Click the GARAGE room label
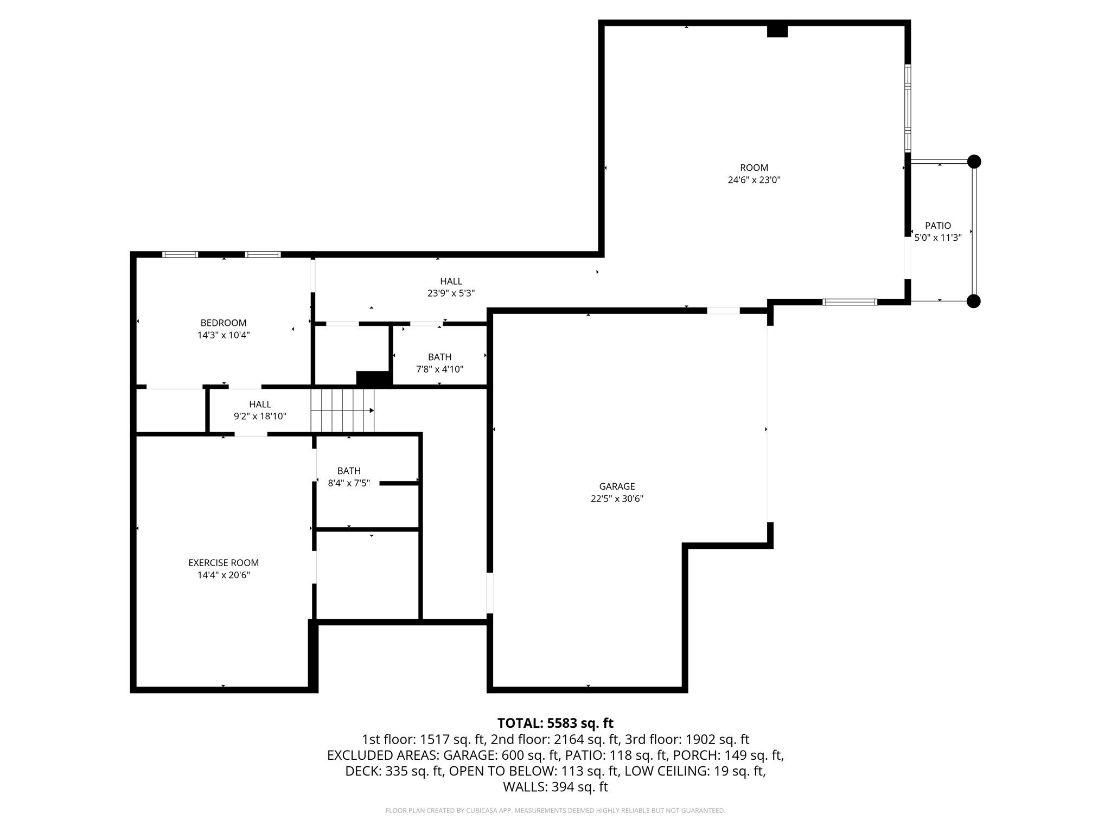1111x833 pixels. pyautogui.click(x=617, y=486)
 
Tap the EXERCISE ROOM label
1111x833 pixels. pyautogui.click(x=224, y=563)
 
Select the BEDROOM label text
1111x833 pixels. pyautogui.click(x=224, y=323)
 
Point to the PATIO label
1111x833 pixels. pyautogui.click(x=938, y=226)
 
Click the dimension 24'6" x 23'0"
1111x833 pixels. pyautogui.click(x=754, y=180)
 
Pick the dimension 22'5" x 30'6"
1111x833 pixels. pyautogui.click(x=617, y=499)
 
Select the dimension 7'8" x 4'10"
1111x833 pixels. pyautogui.click(x=439, y=369)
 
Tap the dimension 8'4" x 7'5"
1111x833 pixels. pyautogui.click(x=349, y=483)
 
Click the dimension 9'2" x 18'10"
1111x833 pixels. pyautogui.click(x=260, y=416)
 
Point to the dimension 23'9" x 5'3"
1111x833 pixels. pyautogui.click(x=451, y=293)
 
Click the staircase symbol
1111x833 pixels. pyautogui.click(x=342, y=411)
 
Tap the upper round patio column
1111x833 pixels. pyautogui.click(x=974, y=162)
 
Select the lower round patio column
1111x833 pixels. pyautogui.click(x=974, y=301)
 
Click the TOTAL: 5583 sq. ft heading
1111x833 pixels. pyautogui.click(x=555, y=723)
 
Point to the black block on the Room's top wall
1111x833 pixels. pyautogui.click(x=777, y=31)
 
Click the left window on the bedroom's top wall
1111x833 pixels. pyautogui.click(x=180, y=254)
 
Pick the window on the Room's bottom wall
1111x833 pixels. pyautogui.click(x=850, y=302)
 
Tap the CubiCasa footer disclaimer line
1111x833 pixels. pyautogui.click(x=555, y=811)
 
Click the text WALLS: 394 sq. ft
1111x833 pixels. pyautogui.click(x=555, y=787)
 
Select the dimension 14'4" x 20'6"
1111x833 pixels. pyautogui.click(x=224, y=575)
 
